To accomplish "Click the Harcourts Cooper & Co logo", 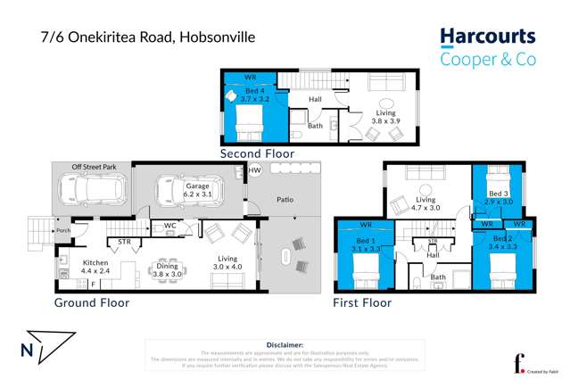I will pyautogui.click(x=487, y=47).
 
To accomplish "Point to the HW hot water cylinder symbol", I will pyautogui.click(x=254, y=170).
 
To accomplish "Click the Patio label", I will pyautogui.click(x=285, y=201).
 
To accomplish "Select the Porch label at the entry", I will pyautogui.click(x=63, y=231).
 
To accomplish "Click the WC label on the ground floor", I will pyautogui.click(x=169, y=227).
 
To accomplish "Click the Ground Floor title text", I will pyautogui.click(x=94, y=302).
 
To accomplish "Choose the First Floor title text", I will pyautogui.click(x=362, y=302).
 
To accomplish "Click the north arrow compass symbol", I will pyautogui.click(x=45, y=346).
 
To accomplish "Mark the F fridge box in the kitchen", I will pyautogui.click(x=94, y=284).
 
